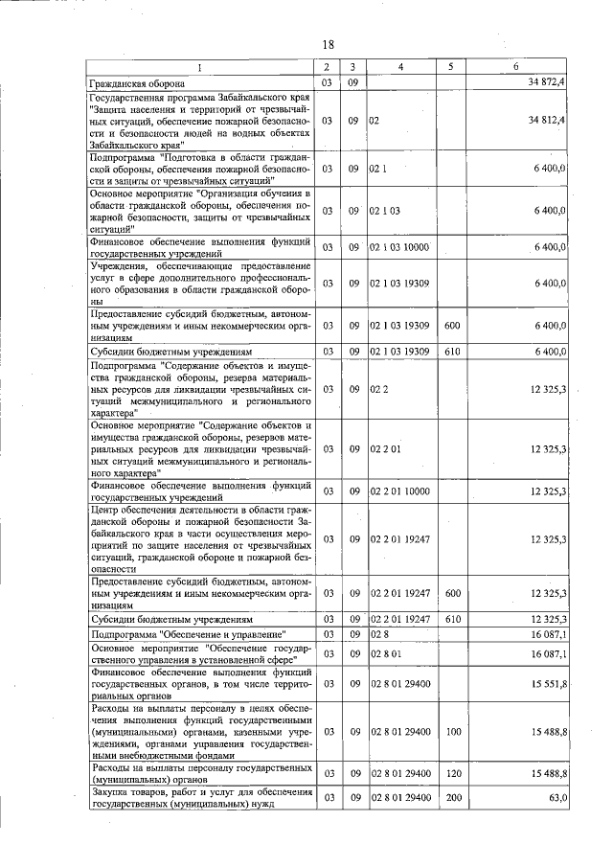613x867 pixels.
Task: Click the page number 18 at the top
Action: (x=328, y=45)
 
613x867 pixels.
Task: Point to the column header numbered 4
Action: (x=400, y=67)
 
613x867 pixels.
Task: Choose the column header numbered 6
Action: (x=515, y=67)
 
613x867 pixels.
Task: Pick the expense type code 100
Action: (x=453, y=731)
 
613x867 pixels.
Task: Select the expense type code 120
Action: (x=453, y=772)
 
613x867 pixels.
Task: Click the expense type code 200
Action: (x=453, y=797)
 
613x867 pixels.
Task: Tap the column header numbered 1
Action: (x=199, y=67)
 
